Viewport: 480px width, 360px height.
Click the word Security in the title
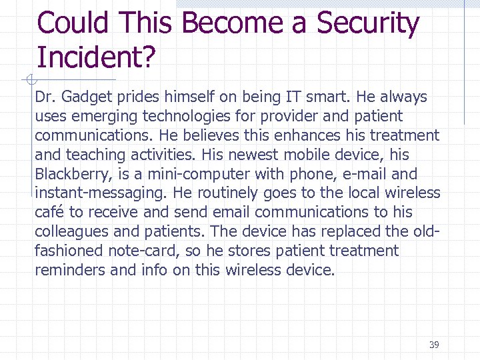[x=367, y=24]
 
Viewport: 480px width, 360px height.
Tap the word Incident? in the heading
[x=96, y=58]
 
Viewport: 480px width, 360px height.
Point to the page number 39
[x=434, y=345]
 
